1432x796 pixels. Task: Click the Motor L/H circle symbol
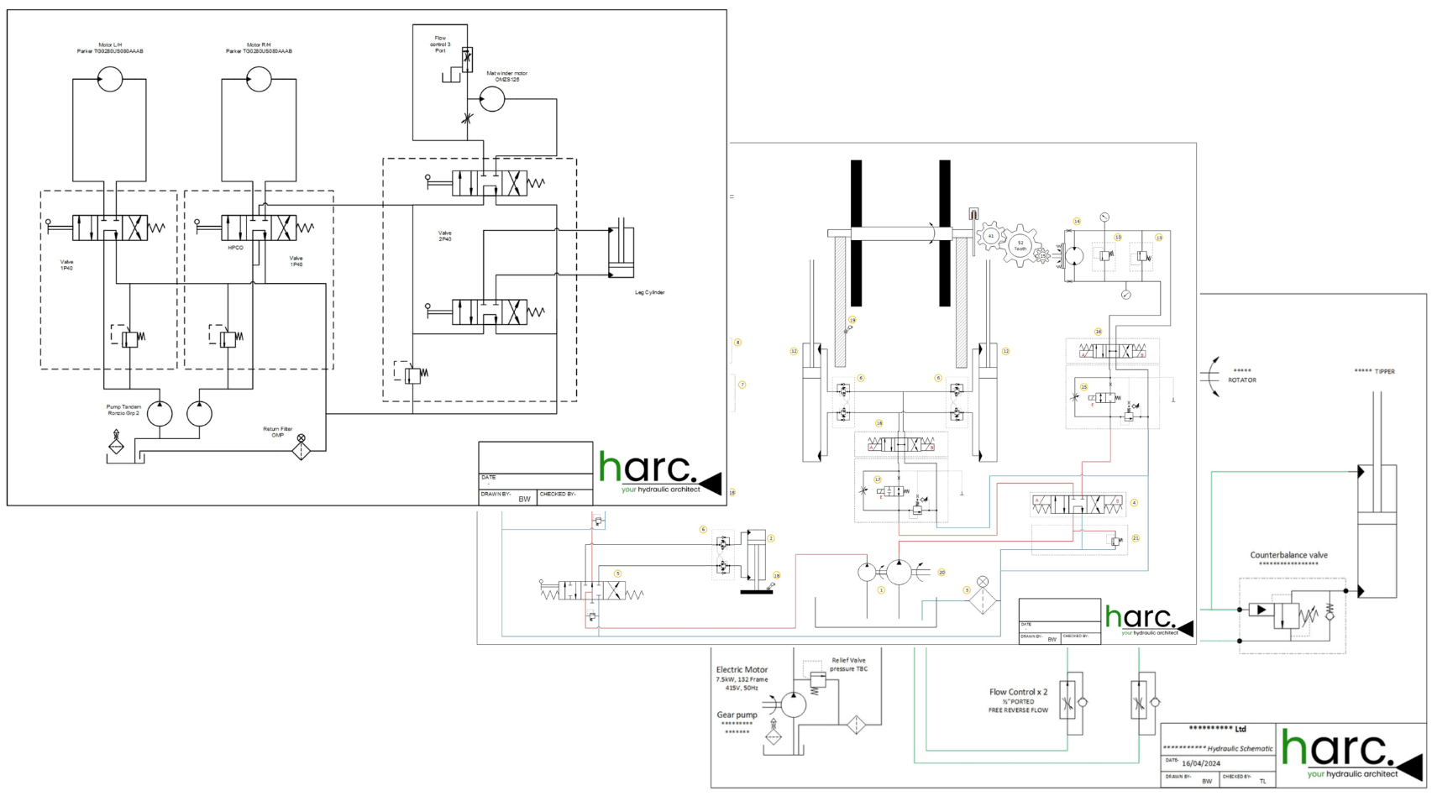[x=110, y=80]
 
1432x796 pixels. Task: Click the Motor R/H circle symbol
[x=259, y=80]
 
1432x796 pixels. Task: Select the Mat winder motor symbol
[x=492, y=99]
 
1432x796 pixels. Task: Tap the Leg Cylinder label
[x=649, y=292]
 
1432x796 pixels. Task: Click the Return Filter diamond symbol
[x=302, y=451]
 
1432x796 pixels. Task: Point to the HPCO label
[x=235, y=248]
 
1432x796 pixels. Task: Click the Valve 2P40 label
[x=444, y=236]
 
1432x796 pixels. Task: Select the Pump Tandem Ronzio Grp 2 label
[x=123, y=410]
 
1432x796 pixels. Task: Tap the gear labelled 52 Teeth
[x=1020, y=246]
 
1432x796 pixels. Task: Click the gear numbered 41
[x=991, y=236]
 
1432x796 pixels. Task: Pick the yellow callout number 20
[x=942, y=573]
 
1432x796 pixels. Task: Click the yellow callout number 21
[x=1136, y=538]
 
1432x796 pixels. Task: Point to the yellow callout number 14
[x=1077, y=222]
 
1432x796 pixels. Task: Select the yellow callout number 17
[x=878, y=479]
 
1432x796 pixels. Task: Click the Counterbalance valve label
[x=1288, y=555]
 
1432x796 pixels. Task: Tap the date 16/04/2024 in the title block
[x=1201, y=763]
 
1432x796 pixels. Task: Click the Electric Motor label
[x=742, y=670]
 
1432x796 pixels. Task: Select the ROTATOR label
[x=1242, y=380]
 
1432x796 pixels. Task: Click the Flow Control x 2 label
[x=1018, y=692]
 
